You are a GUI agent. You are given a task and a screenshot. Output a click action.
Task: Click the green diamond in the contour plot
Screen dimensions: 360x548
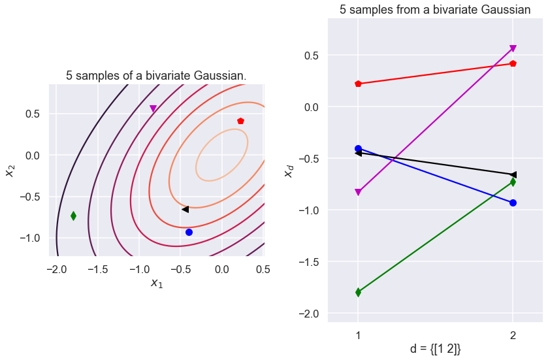click(x=73, y=216)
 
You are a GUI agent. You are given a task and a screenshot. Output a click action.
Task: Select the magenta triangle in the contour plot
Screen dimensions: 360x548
click(x=153, y=108)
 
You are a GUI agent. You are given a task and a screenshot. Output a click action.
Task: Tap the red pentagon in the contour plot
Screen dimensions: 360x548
click(x=240, y=121)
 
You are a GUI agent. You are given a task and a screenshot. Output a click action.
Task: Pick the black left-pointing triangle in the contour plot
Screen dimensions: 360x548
click(x=185, y=209)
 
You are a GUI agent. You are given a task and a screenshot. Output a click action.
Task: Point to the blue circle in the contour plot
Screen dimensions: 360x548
click(x=189, y=232)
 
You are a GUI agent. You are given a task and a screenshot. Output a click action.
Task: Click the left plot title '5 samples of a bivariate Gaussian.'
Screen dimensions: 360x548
click(x=156, y=76)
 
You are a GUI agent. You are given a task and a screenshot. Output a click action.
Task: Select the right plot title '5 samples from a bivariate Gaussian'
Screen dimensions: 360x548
click(x=435, y=10)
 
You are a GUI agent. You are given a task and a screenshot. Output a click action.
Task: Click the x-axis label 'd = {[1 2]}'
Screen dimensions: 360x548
click(x=435, y=349)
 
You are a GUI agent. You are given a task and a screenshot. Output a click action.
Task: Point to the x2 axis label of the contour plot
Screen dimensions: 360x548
click(x=10, y=170)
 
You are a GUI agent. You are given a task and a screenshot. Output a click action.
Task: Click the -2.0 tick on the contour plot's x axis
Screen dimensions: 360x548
click(x=56, y=269)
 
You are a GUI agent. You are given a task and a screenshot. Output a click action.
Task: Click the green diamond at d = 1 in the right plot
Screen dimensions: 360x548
click(x=358, y=292)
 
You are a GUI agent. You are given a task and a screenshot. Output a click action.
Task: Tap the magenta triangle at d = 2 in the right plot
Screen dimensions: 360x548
click(x=513, y=48)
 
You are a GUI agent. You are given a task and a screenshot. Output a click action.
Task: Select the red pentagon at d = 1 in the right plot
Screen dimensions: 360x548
click(x=358, y=84)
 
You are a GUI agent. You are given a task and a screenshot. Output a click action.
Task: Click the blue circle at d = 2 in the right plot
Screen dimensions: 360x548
click(x=513, y=203)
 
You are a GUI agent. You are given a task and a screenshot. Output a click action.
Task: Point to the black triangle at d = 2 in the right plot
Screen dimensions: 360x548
click(x=513, y=174)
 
